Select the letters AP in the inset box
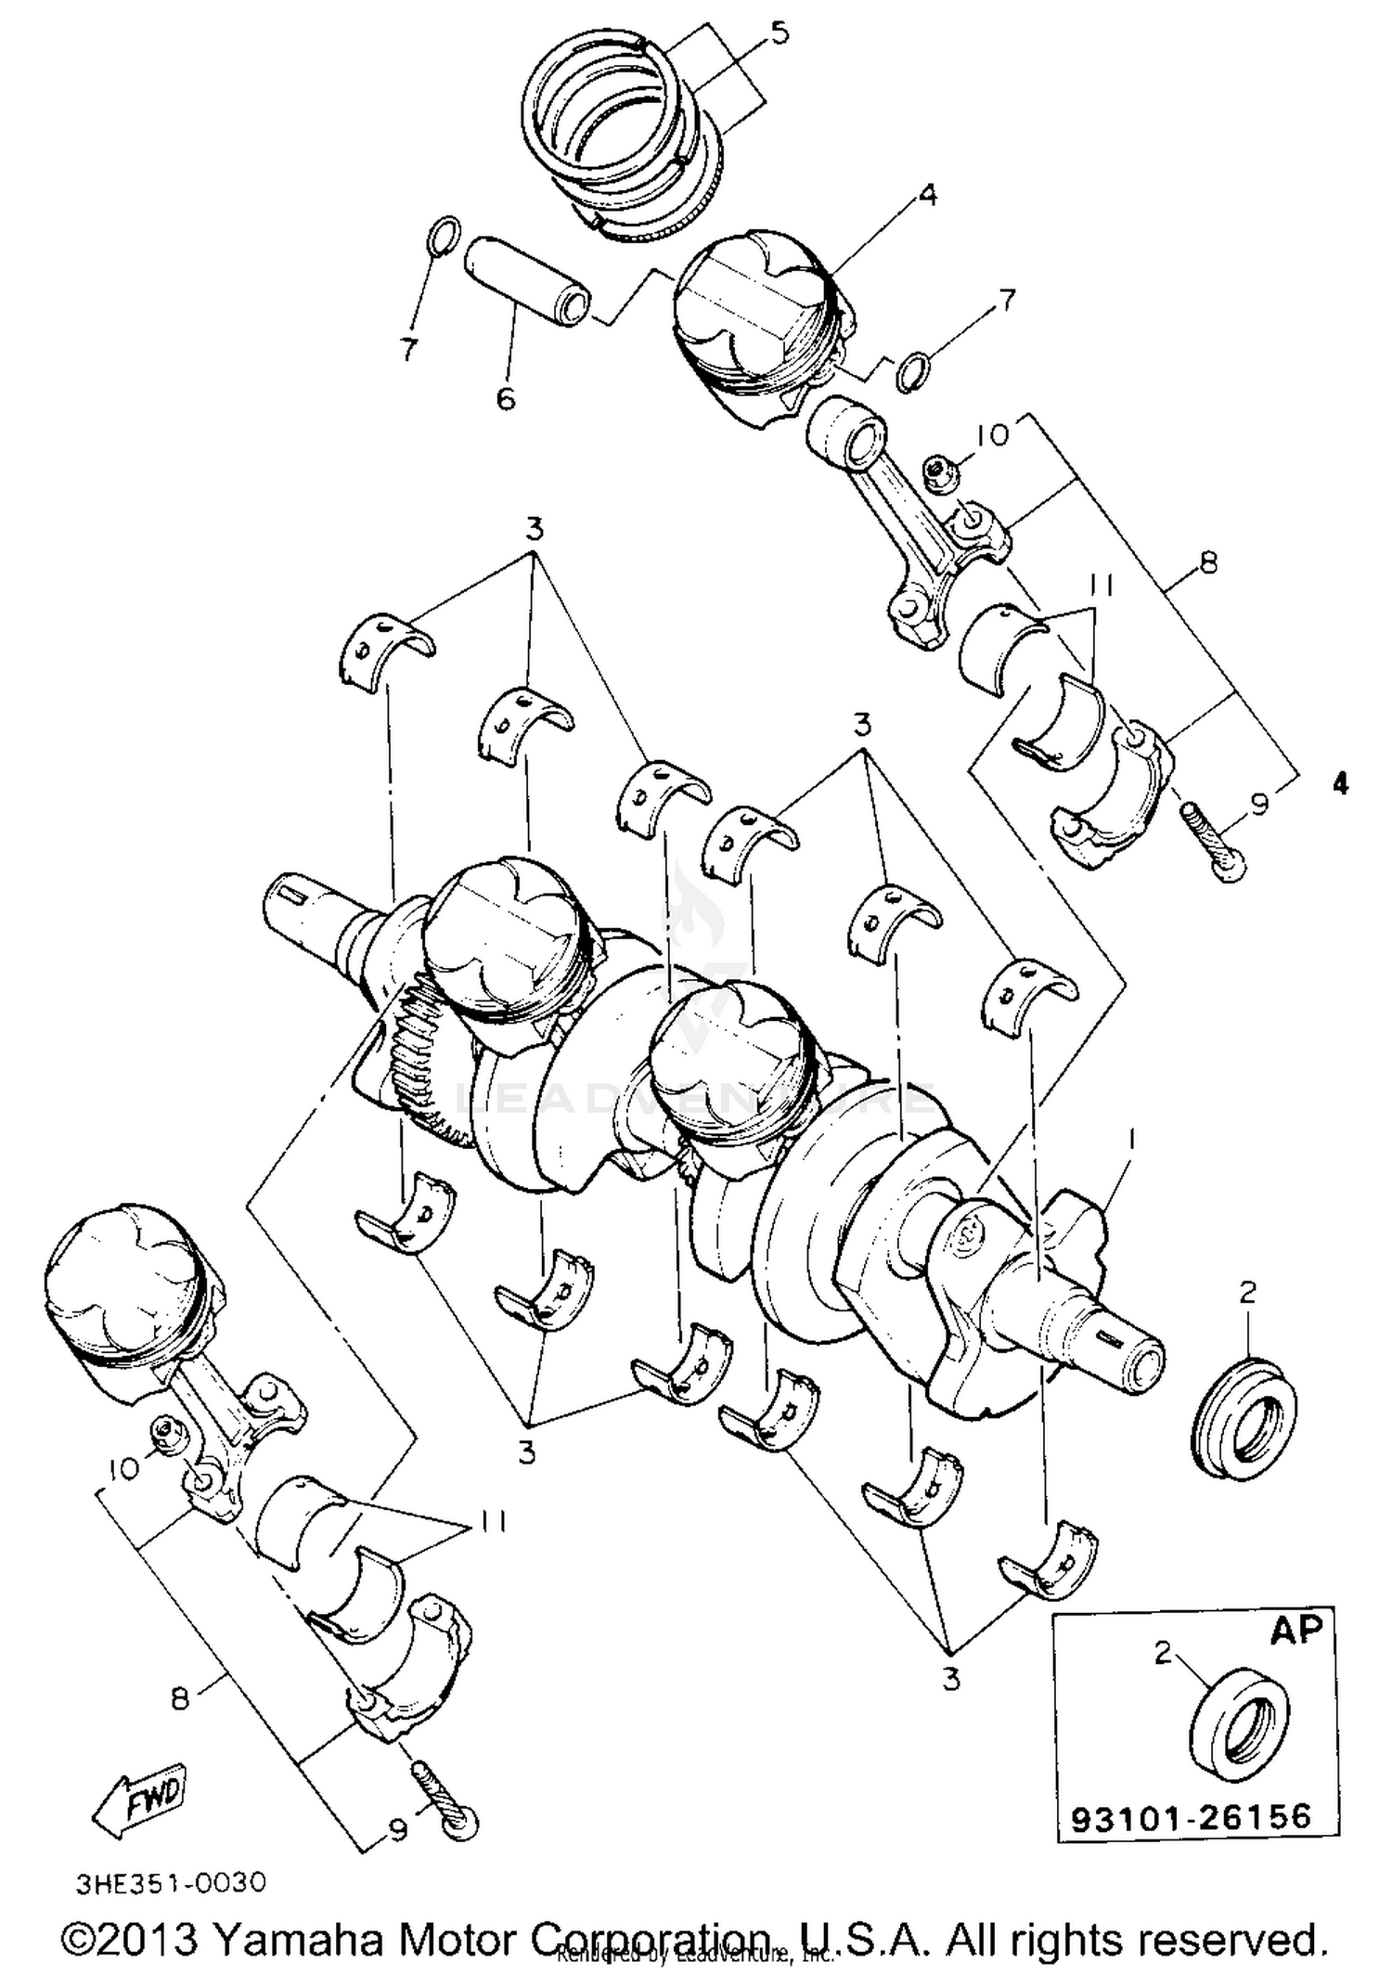[x=1295, y=1630]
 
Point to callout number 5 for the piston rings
[x=779, y=34]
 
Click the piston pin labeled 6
[x=528, y=280]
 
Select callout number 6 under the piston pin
[x=505, y=398]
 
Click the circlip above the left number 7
[x=443, y=234]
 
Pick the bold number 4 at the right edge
[x=1339, y=784]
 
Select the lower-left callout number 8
[x=180, y=1698]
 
